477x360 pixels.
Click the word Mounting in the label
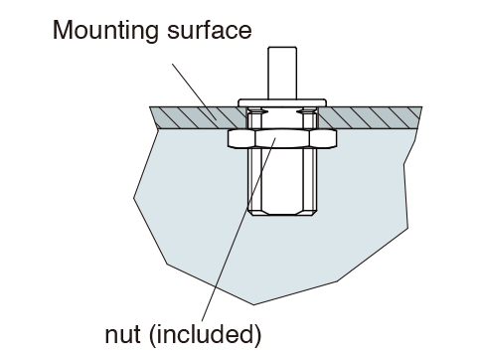coord(105,31)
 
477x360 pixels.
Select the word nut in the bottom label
coord(122,335)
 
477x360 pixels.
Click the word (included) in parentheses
coord(206,335)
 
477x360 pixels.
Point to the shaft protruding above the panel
coord(282,73)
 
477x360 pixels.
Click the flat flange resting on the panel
coord(282,102)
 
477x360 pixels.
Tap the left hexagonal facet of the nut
coord(241,138)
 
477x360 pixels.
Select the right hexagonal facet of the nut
coord(323,138)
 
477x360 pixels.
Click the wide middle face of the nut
coord(282,138)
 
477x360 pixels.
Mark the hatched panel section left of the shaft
coord(198,117)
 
